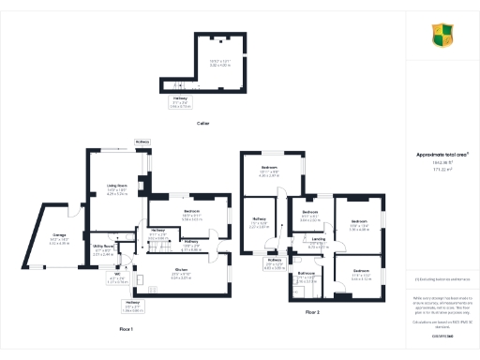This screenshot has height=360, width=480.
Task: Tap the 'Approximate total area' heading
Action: click(442, 155)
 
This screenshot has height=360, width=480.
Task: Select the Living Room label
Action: click(117, 189)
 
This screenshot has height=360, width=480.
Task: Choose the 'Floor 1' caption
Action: click(126, 329)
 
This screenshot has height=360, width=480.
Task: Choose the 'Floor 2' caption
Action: click(311, 310)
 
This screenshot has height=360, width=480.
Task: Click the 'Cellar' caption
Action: click(202, 123)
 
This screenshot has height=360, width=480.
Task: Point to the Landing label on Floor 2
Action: click(319, 241)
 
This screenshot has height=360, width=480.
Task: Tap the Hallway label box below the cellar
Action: click(179, 103)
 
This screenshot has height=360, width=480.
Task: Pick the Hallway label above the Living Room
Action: click(142, 142)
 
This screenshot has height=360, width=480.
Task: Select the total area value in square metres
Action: click(442, 170)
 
